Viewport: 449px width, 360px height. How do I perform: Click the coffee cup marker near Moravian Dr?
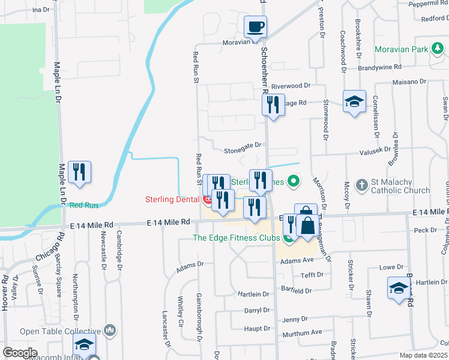255,27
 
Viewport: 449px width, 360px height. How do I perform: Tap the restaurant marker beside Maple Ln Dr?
79,172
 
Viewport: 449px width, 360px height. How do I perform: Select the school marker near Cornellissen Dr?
354,101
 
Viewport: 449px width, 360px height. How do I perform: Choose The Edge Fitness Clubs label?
236,238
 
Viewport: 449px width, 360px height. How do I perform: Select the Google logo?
20,353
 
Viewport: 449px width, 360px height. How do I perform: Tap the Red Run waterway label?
83,205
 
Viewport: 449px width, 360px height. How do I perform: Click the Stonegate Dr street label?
243,145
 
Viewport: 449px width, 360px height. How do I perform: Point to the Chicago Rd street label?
48,248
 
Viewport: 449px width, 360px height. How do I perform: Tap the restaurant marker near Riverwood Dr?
273,106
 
